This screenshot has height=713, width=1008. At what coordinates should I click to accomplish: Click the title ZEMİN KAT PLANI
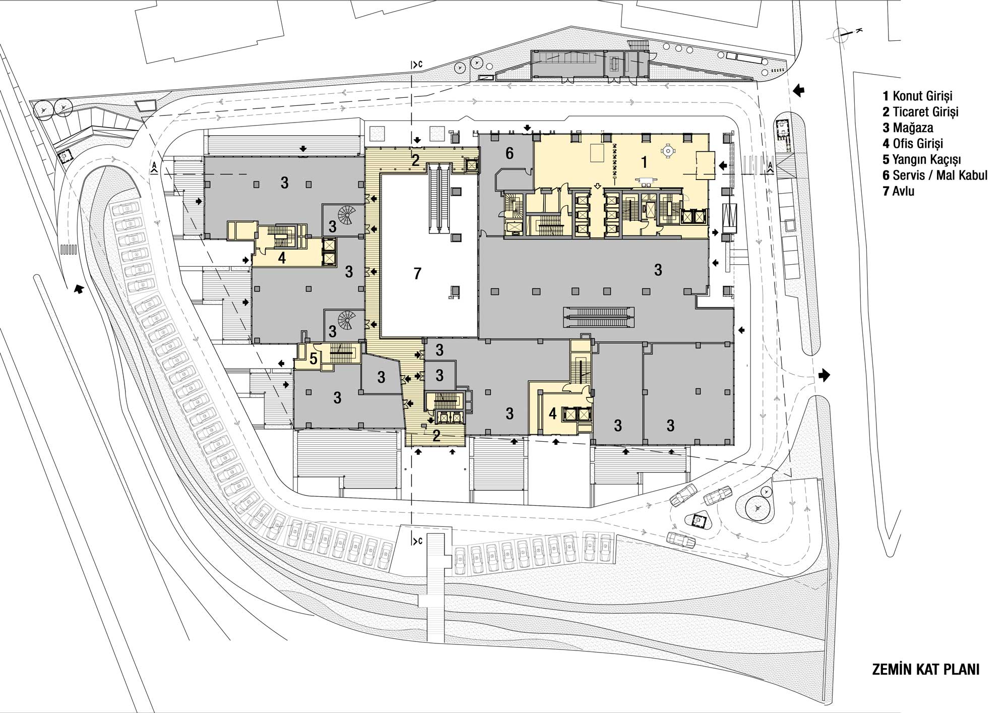[x=925, y=670]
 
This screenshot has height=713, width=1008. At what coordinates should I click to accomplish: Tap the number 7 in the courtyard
[x=417, y=274]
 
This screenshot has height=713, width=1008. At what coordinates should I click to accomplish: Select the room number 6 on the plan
[x=509, y=153]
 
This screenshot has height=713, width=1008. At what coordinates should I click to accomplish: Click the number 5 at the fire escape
[x=313, y=359]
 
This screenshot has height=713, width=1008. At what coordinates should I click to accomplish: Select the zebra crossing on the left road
[x=68, y=249]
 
